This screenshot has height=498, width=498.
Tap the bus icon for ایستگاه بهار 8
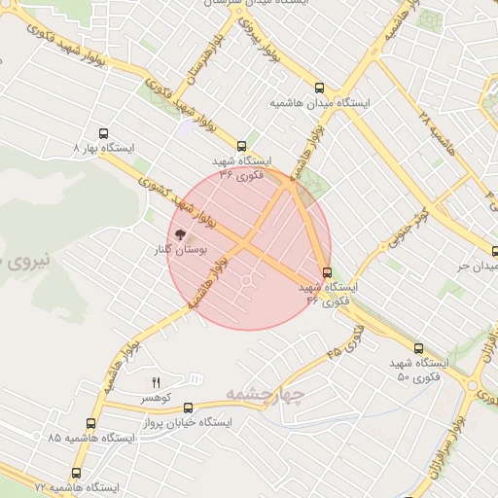(x=104, y=133)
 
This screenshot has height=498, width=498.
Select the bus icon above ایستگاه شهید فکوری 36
(x=242, y=146)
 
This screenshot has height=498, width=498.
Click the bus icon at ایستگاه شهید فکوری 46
(x=327, y=272)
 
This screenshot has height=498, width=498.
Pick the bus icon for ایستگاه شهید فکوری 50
(x=418, y=347)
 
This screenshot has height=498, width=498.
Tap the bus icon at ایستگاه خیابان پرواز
(x=188, y=409)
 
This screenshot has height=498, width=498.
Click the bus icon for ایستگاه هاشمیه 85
(x=90, y=423)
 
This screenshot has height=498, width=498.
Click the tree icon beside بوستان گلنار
(x=178, y=233)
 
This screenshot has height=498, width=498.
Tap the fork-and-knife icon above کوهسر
(x=155, y=381)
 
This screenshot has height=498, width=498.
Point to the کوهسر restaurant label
(x=155, y=399)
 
